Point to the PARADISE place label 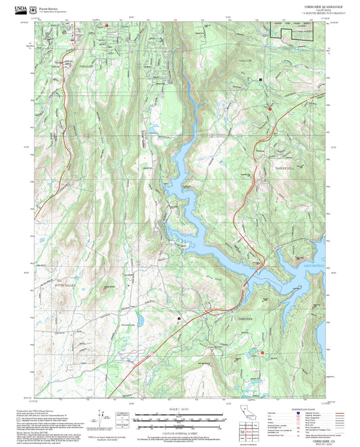click(66, 67)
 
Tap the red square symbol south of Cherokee click(263, 352)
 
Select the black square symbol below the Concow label click(260, 80)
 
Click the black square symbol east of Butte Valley click(179, 317)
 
